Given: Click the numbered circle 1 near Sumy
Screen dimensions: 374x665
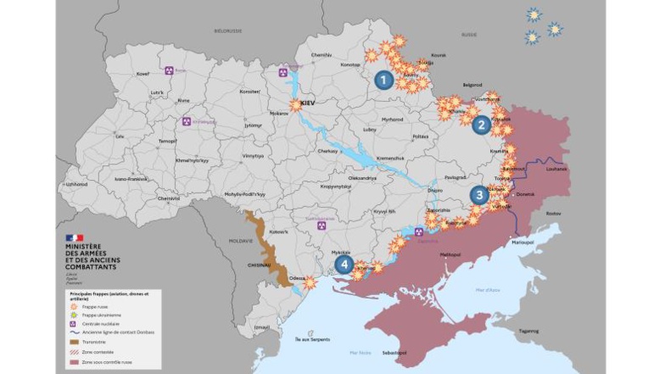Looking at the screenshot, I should (x=383, y=81).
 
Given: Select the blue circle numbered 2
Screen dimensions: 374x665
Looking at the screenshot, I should (x=481, y=126).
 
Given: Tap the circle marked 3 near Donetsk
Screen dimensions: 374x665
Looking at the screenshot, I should (x=479, y=195).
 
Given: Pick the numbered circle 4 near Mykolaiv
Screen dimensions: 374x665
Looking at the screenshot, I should (x=343, y=264).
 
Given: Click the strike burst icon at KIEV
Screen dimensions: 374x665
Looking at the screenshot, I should (x=295, y=105).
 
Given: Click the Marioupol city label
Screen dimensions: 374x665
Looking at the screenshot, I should (x=522, y=242).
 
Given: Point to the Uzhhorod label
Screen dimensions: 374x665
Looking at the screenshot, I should (x=77, y=183).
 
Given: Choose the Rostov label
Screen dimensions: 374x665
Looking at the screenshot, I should (x=554, y=213).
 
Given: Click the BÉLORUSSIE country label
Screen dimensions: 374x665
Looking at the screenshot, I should (x=227, y=31).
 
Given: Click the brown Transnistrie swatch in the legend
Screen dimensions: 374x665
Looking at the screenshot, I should (x=74, y=342).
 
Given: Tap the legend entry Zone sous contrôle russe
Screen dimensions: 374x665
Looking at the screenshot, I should (x=102, y=360).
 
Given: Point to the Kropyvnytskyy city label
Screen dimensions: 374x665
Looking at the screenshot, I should (x=312, y=186).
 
